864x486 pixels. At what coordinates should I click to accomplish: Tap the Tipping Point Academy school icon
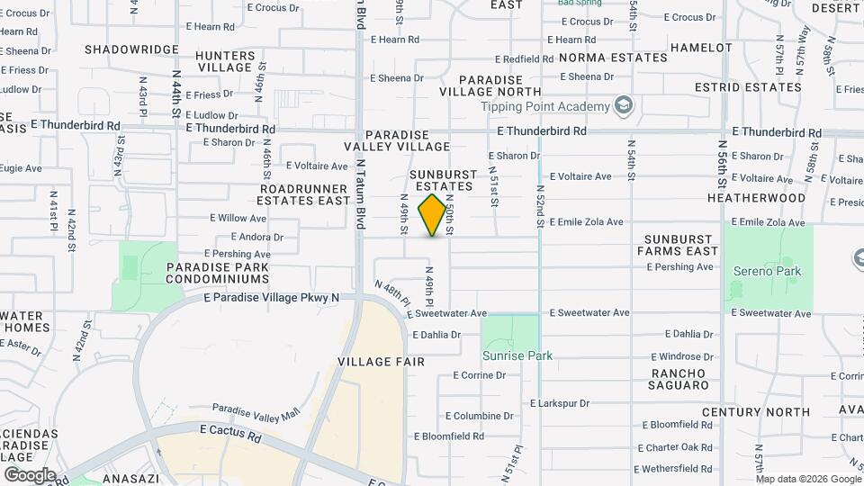tap(622, 106)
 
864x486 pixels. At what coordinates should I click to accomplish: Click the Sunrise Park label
tap(517, 355)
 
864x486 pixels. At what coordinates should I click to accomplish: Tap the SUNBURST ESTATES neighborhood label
tap(441, 180)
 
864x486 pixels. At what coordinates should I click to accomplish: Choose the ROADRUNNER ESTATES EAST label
tap(303, 194)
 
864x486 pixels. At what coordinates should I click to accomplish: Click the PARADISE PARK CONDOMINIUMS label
tap(217, 273)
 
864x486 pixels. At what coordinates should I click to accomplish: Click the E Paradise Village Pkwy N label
tap(272, 297)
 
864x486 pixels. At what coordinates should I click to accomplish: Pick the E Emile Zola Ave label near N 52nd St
tap(586, 221)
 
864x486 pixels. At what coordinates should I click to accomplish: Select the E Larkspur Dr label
tap(559, 403)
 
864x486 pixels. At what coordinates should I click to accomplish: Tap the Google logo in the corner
tap(30, 474)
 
